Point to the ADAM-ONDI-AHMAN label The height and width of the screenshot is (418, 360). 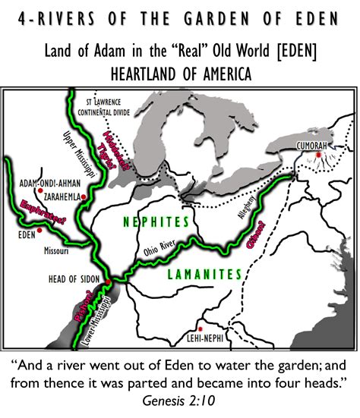click(x=55, y=183)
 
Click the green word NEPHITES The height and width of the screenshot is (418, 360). click(x=155, y=222)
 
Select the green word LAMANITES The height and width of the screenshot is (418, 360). click(x=203, y=274)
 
